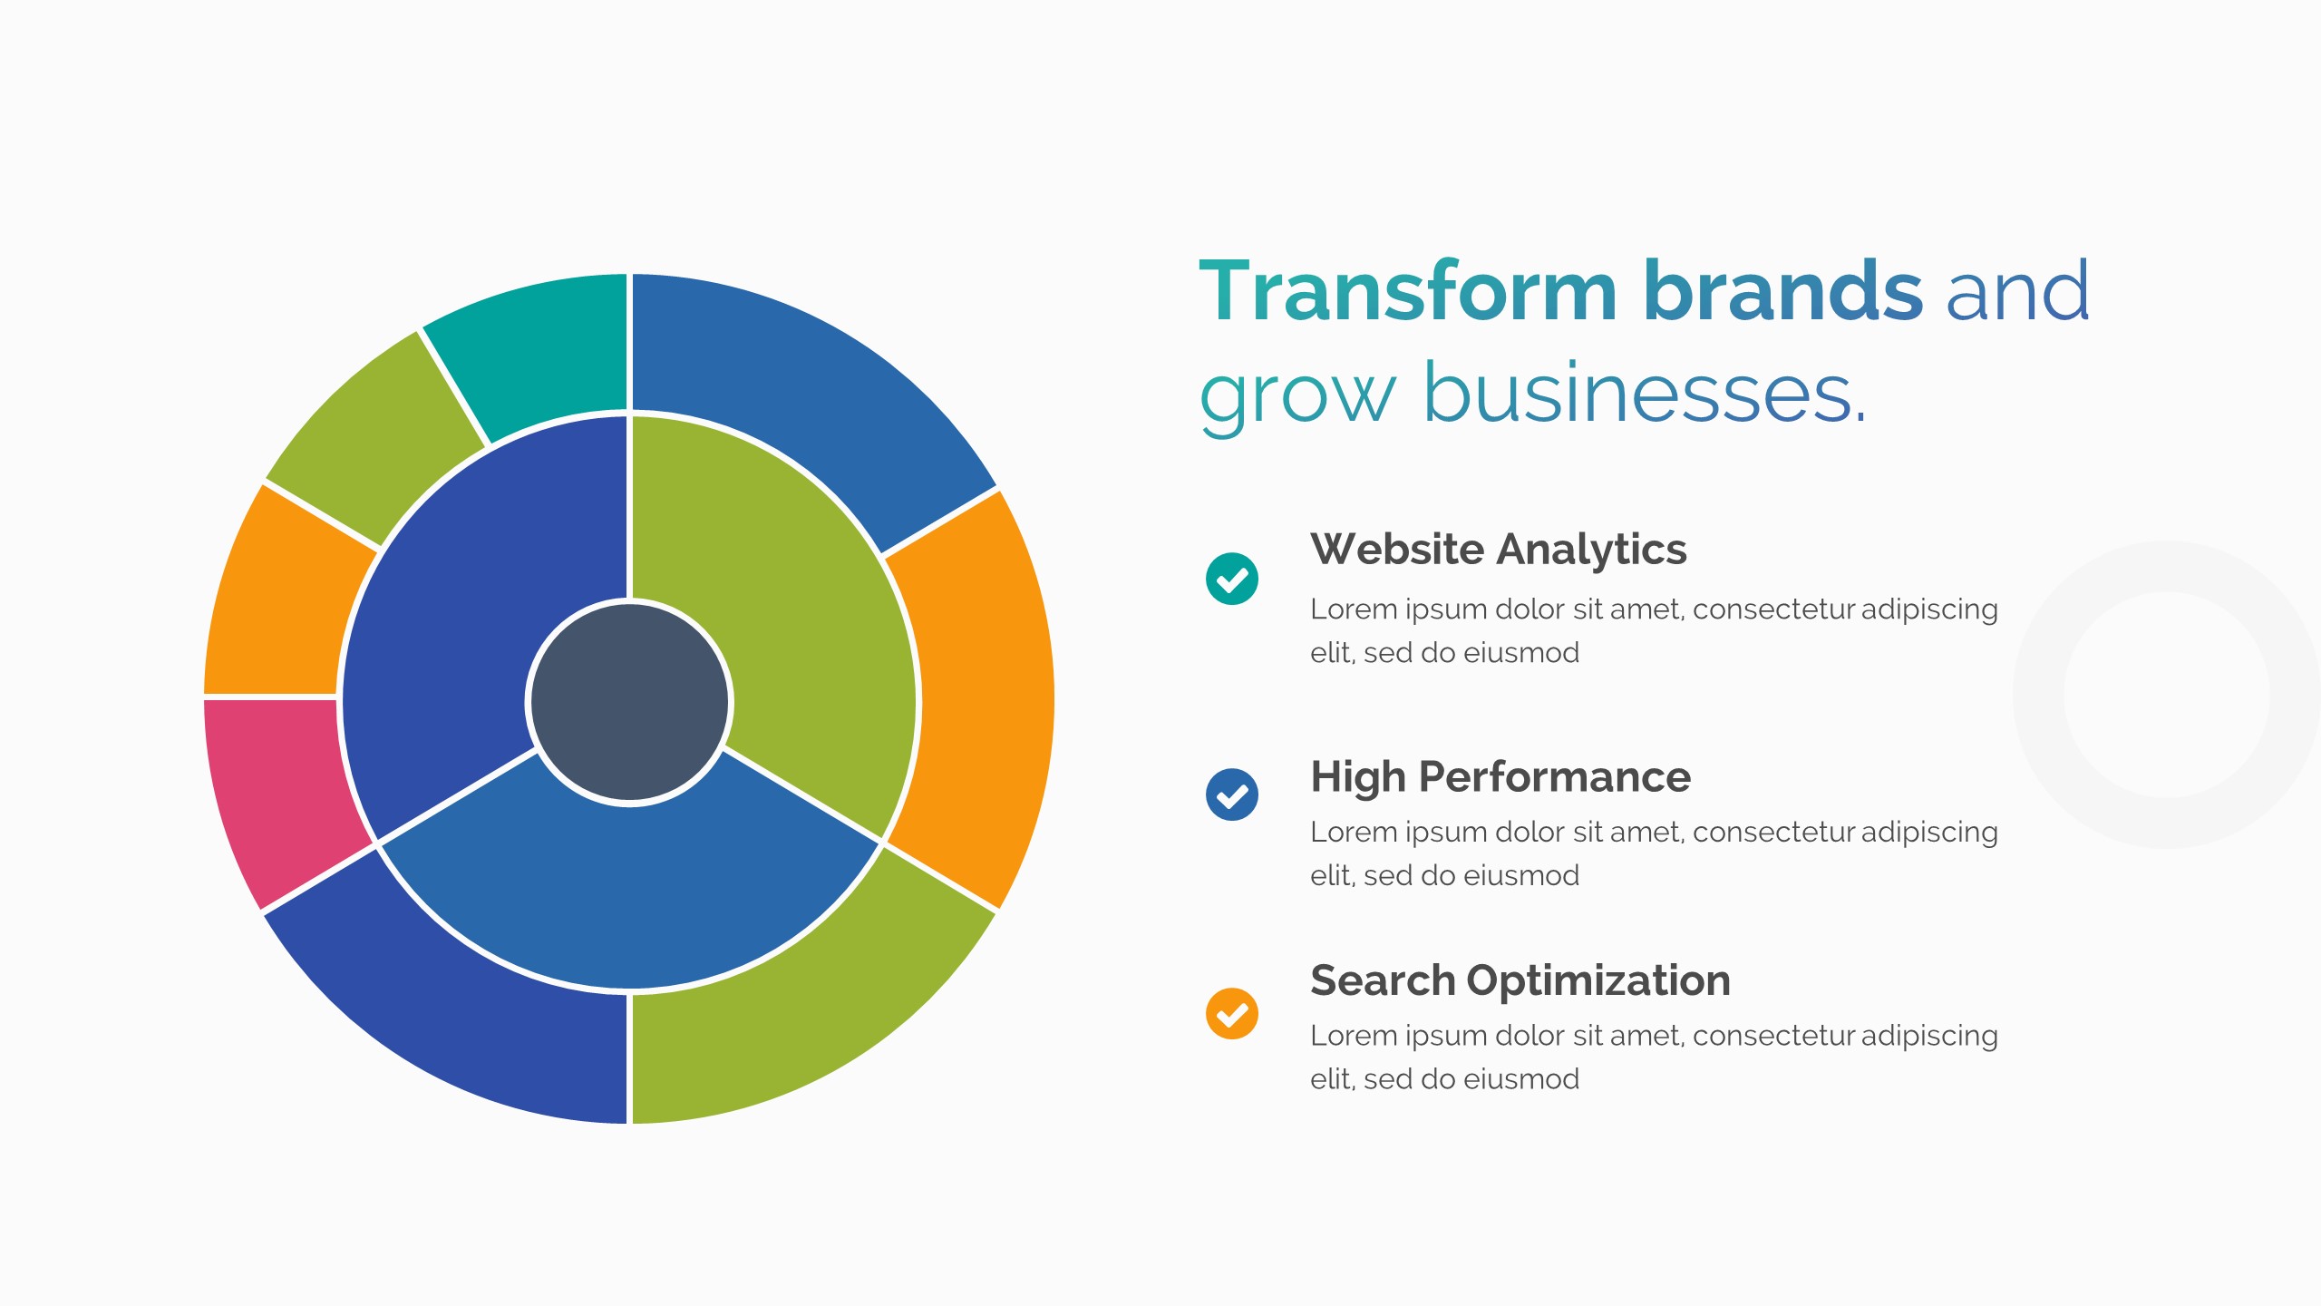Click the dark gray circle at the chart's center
(629, 702)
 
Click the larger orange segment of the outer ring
(984, 698)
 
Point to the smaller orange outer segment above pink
(281, 599)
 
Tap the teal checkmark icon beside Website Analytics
(1232, 578)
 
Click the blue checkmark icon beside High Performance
(1232, 794)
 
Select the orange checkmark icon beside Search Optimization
(1232, 1013)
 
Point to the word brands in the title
(1783, 290)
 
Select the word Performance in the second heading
(1555, 777)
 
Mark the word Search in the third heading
(1383, 980)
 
